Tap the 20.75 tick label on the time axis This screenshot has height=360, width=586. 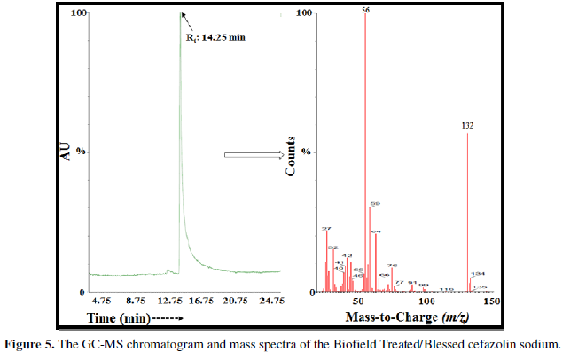click(x=237, y=301)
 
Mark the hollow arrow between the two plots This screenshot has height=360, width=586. click(x=253, y=155)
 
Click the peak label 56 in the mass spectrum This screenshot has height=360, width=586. click(x=364, y=9)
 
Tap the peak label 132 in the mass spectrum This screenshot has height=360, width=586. click(x=468, y=126)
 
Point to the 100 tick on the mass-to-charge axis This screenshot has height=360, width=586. click(x=426, y=301)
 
